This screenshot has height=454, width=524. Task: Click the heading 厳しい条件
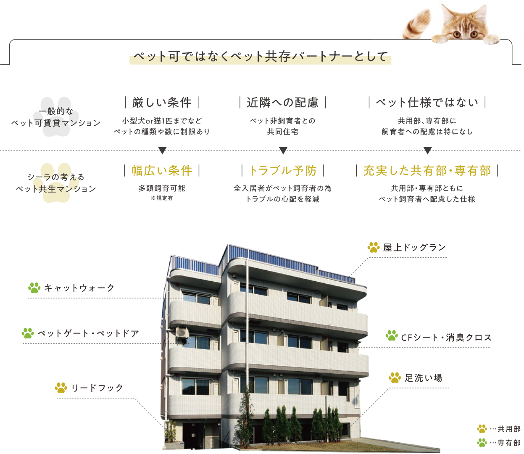point(162,103)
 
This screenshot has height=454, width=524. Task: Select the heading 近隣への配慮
point(283,103)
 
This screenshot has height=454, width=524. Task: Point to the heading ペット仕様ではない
point(427,103)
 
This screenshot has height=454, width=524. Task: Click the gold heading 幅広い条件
point(162,170)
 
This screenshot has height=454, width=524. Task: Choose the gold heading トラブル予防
point(283,170)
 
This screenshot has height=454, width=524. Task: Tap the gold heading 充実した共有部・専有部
point(427,170)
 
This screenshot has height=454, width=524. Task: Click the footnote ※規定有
point(162,198)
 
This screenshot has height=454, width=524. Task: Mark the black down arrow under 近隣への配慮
point(283,150)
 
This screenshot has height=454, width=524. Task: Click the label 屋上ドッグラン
point(414,247)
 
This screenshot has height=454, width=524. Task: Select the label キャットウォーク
point(79,288)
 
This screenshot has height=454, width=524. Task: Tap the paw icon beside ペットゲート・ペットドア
point(28,333)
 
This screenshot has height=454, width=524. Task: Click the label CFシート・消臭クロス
point(446,338)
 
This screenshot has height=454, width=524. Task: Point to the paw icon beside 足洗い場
point(395,377)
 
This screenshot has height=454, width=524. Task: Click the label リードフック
point(97,388)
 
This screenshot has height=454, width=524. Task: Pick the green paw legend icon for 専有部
point(482,443)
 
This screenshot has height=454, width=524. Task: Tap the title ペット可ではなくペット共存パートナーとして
point(261,56)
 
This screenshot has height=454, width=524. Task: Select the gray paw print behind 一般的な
point(55,116)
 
